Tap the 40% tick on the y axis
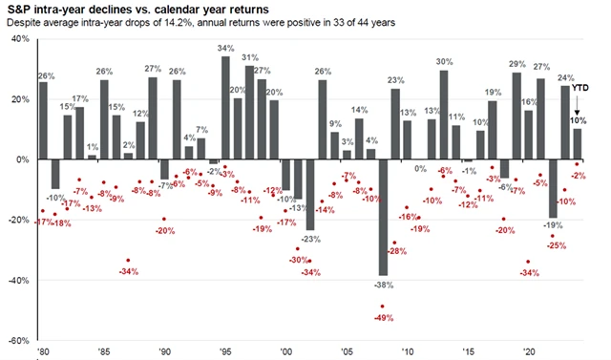[x=19, y=38]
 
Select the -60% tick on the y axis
[x=18, y=340]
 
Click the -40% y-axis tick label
[x=18, y=280]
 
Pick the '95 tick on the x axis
[x=225, y=351]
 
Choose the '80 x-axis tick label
[x=43, y=351]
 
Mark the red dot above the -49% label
[x=383, y=307]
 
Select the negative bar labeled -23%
[x=310, y=194]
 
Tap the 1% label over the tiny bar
[x=92, y=147]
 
